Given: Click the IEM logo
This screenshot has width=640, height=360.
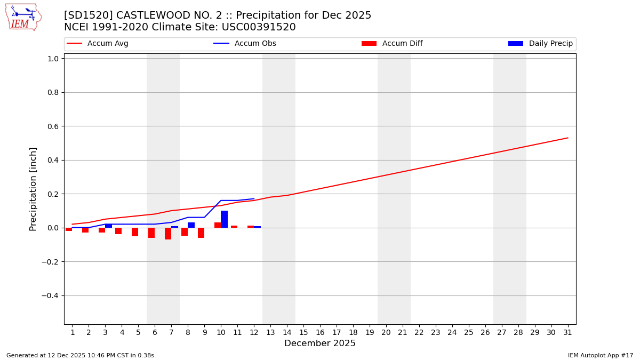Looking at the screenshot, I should (23, 17).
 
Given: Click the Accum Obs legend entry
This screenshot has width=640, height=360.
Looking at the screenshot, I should (245, 44).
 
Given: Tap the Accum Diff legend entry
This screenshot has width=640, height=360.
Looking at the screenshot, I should (392, 44).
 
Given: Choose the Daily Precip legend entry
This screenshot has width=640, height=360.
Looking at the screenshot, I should (540, 44).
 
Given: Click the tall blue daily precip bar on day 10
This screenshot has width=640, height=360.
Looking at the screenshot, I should (224, 219).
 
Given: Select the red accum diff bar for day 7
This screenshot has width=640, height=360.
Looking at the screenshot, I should (168, 234).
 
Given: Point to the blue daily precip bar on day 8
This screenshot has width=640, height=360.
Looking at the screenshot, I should (191, 225).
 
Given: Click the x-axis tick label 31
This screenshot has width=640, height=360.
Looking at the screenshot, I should (567, 332).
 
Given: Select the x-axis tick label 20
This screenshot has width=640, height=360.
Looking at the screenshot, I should (386, 332).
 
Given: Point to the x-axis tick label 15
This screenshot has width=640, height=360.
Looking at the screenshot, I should (303, 332).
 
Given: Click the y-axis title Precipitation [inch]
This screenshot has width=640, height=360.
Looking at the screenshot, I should (33, 189).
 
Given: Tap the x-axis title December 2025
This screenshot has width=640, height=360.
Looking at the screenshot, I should (319, 343).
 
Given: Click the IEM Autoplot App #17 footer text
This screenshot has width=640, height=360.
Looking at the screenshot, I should (600, 355).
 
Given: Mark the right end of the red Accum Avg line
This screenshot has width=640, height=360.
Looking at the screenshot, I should (567, 138).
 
